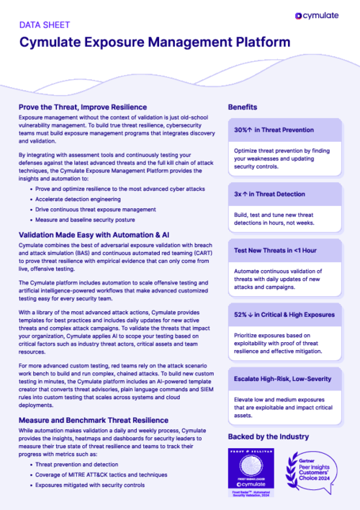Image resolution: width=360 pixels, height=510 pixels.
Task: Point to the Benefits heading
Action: click(x=243, y=107)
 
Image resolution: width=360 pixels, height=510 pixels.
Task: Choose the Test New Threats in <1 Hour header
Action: click(x=274, y=250)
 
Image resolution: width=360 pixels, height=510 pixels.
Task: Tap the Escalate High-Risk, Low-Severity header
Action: click(x=283, y=378)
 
